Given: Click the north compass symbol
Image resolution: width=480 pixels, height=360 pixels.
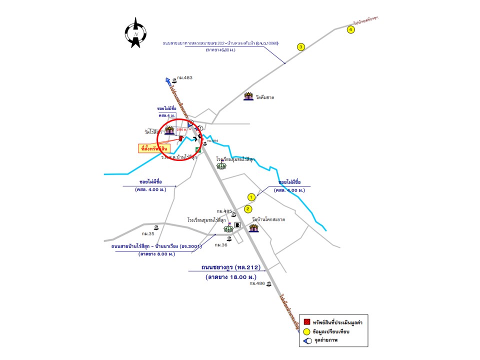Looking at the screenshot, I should [135, 33].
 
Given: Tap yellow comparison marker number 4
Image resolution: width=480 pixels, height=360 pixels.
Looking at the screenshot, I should [351, 29].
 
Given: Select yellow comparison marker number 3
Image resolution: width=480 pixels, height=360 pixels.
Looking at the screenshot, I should [301, 47].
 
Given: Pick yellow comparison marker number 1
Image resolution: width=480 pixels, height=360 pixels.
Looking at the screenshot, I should [251, 197].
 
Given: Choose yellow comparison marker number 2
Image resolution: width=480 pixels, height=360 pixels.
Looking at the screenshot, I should [248, 208].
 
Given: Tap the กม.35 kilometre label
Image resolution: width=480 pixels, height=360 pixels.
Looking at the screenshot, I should [147, 233].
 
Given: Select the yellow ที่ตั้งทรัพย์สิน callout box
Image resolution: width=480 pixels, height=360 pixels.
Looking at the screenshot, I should [154, 148].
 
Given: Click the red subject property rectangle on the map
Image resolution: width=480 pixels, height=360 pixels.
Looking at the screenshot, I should [181, 137].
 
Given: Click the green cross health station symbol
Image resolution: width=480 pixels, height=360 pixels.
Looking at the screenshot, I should [198, 149].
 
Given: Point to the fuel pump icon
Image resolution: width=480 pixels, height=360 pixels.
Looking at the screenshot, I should [237, 225].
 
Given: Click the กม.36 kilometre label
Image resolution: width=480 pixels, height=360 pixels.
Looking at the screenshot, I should [221, 245].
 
